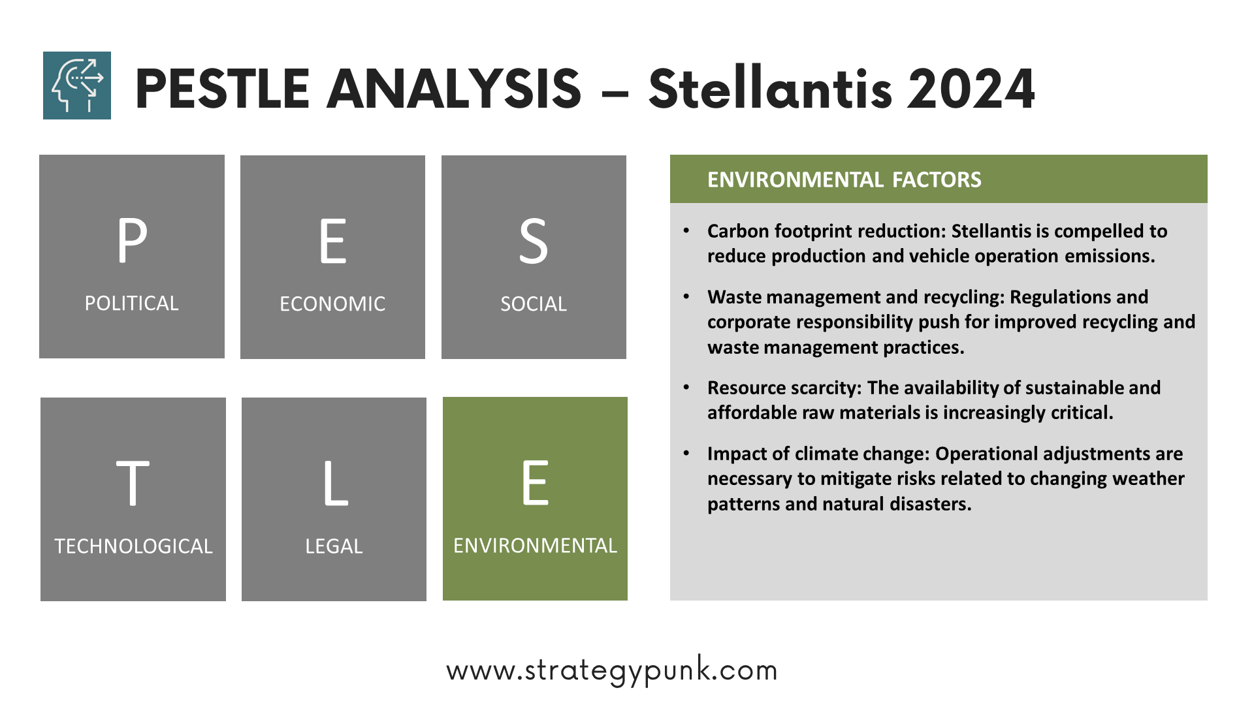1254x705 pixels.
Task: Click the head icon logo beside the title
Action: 77,86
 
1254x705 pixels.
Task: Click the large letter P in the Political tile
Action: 132,240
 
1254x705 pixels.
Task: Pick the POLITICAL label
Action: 131,304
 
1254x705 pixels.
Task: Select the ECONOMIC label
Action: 332,304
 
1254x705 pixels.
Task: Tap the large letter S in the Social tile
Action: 534,242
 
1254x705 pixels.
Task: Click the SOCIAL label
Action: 534,304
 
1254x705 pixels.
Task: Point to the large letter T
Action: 133,483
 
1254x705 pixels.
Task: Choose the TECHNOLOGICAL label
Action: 133,546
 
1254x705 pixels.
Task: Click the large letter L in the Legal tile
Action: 336,483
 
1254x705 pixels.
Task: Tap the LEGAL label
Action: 334,546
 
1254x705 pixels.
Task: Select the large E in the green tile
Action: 536,482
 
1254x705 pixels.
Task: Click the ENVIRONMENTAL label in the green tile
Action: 535,546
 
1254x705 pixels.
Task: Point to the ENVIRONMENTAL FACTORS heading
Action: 844,180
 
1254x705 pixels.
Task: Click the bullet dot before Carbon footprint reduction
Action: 686,230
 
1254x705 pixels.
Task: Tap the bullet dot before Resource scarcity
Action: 686,387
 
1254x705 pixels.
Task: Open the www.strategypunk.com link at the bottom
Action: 612,670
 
